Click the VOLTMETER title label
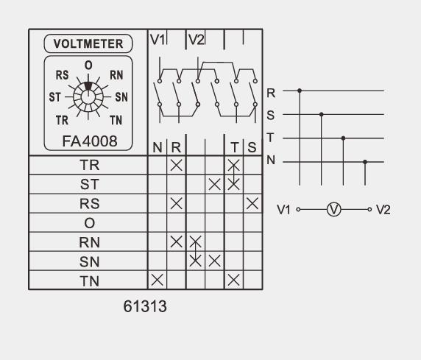click(88, 43)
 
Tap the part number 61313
click(144, 306)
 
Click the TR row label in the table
click(88, 165)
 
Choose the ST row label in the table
click(88, 183)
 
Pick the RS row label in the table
click(88, 202)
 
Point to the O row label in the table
click(88, 222)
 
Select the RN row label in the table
click(88, 241)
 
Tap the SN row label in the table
click(88, 260)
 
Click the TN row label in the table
click(88, 279)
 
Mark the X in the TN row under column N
click(158, 279)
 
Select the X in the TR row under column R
click(177, 165)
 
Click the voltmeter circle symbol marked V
click(333, 209)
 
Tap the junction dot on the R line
click(299, 91)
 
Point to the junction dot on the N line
click(365, 162)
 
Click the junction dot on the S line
click(321, 114)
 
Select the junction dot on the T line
click(343, 138)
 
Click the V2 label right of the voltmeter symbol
click(383, 209)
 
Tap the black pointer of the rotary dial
click(88, 85)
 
